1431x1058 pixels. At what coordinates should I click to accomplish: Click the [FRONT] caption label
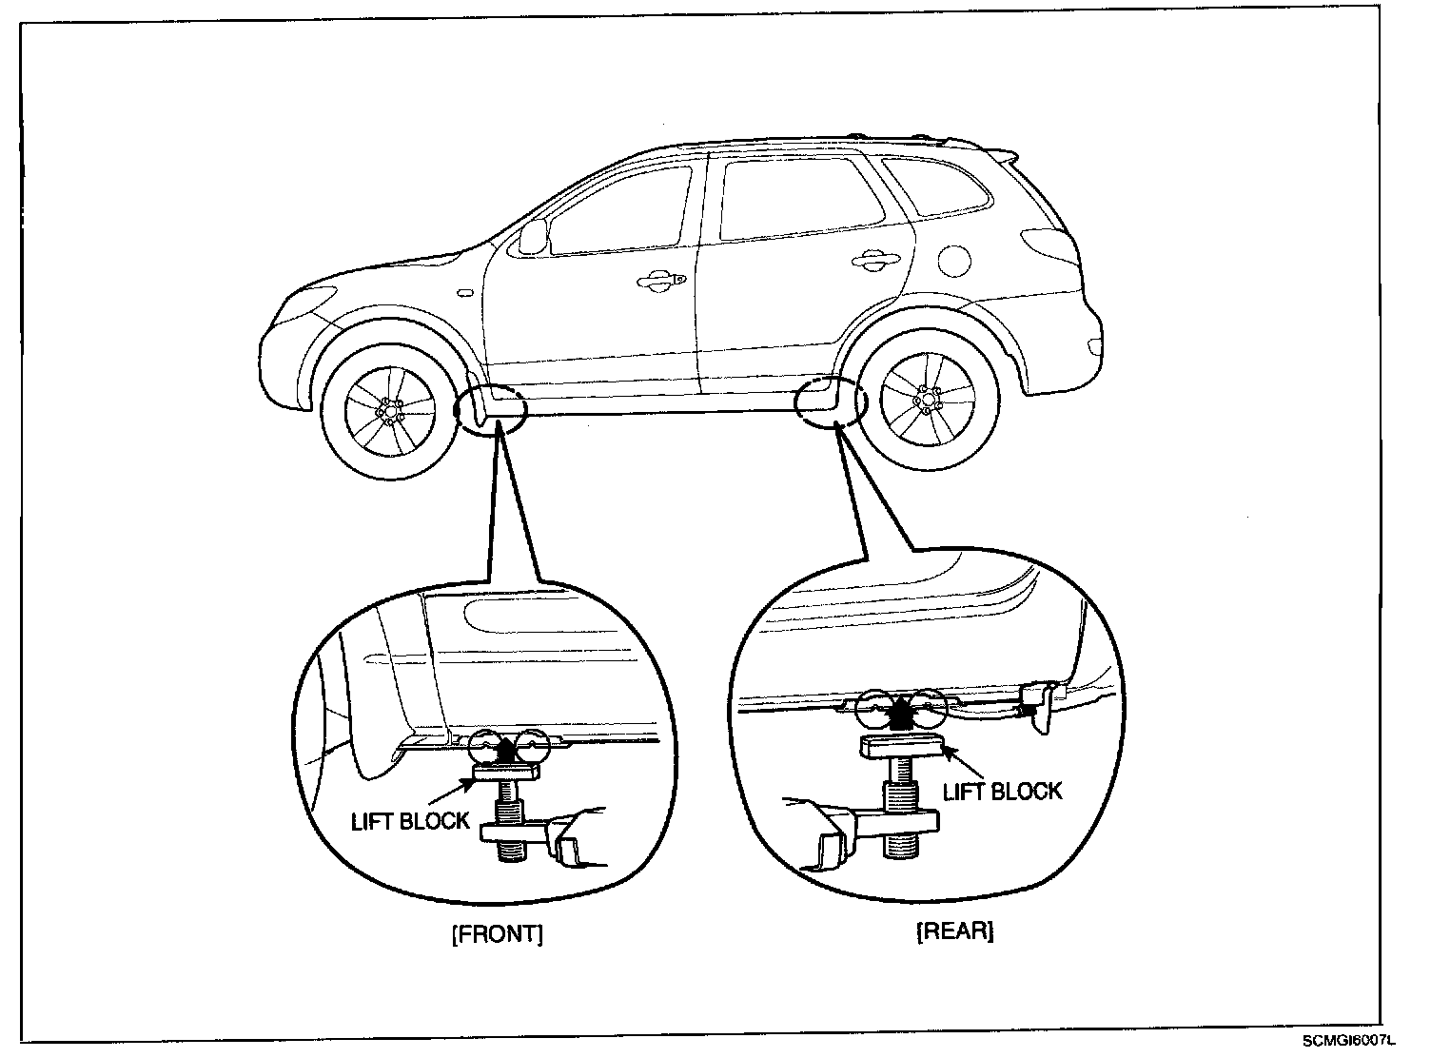498,933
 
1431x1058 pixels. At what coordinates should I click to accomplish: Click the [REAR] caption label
954,931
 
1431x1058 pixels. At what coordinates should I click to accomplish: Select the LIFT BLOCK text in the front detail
411,821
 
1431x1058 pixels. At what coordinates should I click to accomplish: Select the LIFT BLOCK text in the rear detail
1002,791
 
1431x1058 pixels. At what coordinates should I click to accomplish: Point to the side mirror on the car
535,236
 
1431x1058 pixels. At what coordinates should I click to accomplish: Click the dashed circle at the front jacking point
491,409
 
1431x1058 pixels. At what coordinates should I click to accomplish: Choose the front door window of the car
618,211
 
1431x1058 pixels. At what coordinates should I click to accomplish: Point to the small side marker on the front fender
464,294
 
